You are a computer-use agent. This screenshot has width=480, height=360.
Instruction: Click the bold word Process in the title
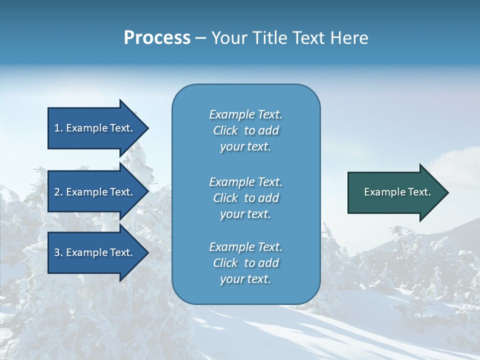click(157, 38)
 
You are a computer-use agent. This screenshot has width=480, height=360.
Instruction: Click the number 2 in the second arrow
click(57, 192)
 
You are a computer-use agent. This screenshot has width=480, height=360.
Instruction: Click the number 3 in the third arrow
click(57, 252)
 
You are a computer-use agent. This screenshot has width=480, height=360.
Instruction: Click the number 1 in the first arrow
click(57, 128)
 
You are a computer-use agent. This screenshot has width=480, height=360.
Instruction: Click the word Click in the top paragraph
click(225, 130)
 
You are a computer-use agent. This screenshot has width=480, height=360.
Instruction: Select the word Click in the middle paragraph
click(225, 198)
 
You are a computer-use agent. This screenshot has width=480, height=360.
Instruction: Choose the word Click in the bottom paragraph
click(225, 263)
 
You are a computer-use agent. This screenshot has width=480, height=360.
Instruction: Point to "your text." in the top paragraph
click(245, 147)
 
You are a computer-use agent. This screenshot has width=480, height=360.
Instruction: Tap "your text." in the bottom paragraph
click(245, 279)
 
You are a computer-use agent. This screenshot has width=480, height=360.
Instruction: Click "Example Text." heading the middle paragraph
click(245, 182)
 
